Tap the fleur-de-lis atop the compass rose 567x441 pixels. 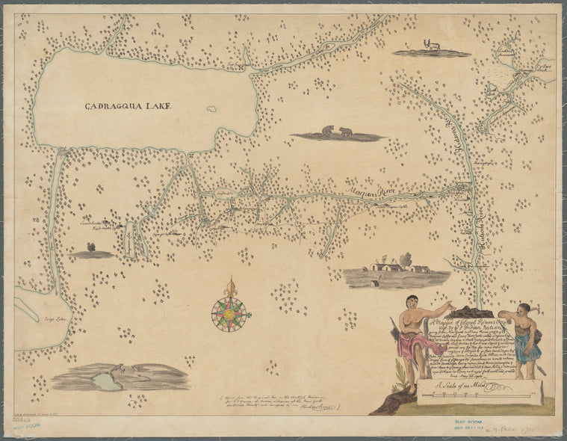pyautogui.click(x=230, y=286)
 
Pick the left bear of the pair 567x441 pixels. pyautogui.click(x=328, y=132)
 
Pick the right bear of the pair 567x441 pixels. pyautogui.click(x=346, y=132)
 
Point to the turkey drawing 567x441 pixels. pyautogui.click(x=91, y=247)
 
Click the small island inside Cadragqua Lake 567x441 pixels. pyautogui.click(x=212, y=109)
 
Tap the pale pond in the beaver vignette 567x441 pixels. pyautogui.click(x=107, y=381)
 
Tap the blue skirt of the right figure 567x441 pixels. pyautogui.click(x=524, y=347)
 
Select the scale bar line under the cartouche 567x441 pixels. pyautogui.click(x=478, y=392)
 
